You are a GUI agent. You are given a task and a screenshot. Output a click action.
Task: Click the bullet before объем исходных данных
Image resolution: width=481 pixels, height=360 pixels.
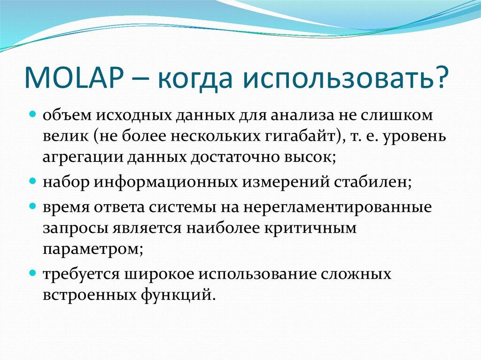pyautogui.click(x=33, y=114)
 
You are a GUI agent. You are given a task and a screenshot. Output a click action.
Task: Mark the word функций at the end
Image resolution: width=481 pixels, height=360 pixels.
pyautogui.click(x=176, y=295)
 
